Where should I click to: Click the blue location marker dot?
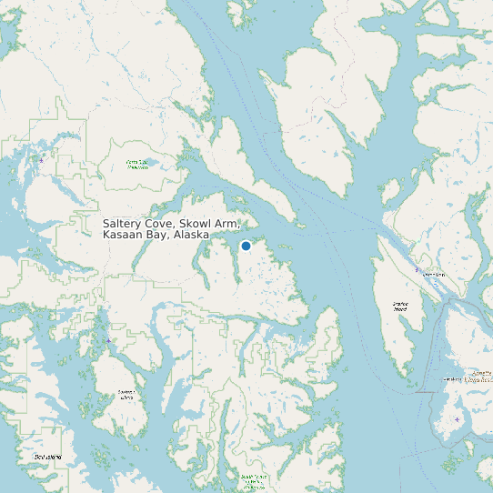click(246, 246)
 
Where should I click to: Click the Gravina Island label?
click(399, 307)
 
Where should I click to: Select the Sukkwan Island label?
click(126, 395)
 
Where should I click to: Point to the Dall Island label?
click(46, 456)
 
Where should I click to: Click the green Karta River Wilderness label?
click(137, 165)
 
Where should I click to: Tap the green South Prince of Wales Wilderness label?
click(252, 480)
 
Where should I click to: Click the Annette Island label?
click(464, 377)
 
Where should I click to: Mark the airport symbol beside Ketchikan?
click(417, 269)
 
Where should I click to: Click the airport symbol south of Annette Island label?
click(457, 419)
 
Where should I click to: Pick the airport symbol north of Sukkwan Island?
click(108, 340)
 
